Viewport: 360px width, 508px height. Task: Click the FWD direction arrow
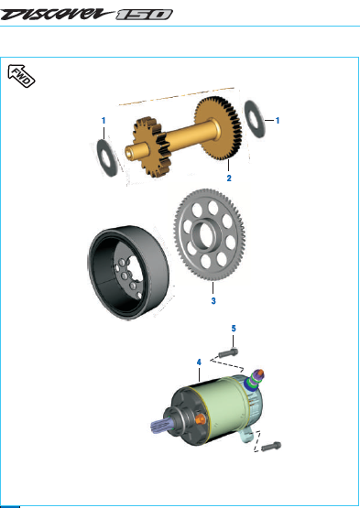click(x=21, y=76)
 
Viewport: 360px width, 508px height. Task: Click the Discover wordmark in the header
click(x=57, y=15)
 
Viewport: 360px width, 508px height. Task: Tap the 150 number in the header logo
click(x=145, y=15)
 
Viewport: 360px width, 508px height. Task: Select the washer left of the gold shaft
click(x=107, y=158)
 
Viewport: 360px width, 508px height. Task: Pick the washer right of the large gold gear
click(x=255, y=119)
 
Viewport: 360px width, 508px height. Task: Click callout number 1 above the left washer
click(x=104, y=121)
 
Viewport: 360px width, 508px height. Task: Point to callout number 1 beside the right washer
click(x=278, y=121)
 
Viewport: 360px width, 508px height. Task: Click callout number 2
click(x=229, y=178)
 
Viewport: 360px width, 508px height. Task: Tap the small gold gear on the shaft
click(x=150, y=146)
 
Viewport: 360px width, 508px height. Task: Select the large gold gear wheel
click(x=218, y=129)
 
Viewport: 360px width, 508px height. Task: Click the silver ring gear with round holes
click(x=210, y=234)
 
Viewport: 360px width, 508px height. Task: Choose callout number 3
click(x=213, y=301)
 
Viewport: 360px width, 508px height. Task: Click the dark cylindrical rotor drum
click(x=129, y=273)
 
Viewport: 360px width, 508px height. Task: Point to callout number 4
click(x=199, y=362)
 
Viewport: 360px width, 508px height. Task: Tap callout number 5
click(x=234, y=329)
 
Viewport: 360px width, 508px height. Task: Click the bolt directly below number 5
click(x=228, y=352)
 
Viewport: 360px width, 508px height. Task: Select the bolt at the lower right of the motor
click(x=271, y=447)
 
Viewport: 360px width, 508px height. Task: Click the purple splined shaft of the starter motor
click(x=161, y=425)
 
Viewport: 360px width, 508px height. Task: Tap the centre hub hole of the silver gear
click(x=206, y=234)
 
